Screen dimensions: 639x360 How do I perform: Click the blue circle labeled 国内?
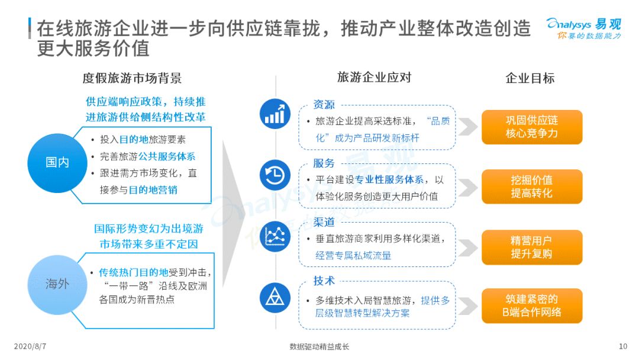pos(57,163)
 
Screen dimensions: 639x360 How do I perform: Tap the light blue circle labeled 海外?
pos(57,284)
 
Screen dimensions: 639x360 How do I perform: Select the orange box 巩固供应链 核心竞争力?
pos(532,127)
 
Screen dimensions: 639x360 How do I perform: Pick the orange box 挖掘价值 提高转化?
pos(532,187)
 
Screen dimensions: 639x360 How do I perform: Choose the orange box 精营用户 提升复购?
pos(532,247)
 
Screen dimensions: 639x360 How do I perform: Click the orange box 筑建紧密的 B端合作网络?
pos(532,306)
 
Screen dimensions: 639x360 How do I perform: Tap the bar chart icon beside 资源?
pos(275,114)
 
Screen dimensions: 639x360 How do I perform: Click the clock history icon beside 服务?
pos(275,175)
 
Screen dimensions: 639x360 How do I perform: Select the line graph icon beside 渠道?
pos(275,236)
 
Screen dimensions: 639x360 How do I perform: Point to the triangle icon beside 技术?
pos(275,297)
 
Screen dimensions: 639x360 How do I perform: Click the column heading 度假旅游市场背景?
pos(132,78)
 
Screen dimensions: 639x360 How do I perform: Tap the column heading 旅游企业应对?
pos(374,77)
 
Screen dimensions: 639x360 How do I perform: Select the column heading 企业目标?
pos(530,78)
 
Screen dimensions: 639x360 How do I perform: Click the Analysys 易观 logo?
pos(584,28)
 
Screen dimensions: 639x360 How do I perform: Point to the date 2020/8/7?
pos(30,346)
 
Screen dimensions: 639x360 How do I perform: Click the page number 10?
pos(623,346)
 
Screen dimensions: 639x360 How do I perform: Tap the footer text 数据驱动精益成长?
pos(319,347)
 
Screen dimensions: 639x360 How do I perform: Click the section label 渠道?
pos(324,222)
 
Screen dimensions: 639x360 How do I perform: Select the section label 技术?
pos(324,281)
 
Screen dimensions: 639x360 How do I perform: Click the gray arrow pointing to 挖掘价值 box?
pos(468,187)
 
